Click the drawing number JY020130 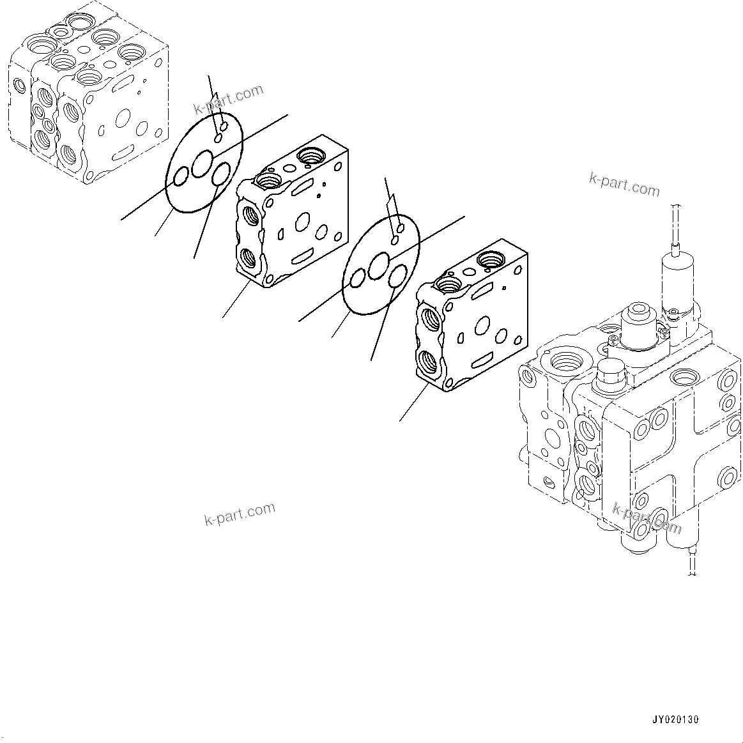point(675,719)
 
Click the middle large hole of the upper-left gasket point(204,161)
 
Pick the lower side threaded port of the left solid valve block point(249,258)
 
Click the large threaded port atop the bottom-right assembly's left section point(565,361)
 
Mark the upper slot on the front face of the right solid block point(481,291)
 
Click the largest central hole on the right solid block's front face point(483,326)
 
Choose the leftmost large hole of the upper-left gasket point(180,176)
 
